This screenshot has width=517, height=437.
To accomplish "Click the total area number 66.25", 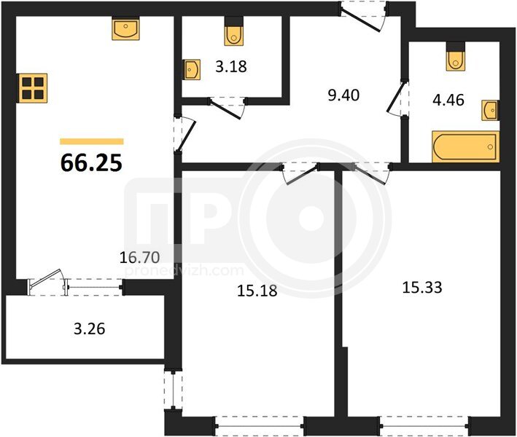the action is (91, 163).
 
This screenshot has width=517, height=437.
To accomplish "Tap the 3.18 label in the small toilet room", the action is (231, 66).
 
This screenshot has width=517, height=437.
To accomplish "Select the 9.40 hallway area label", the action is (343, 95).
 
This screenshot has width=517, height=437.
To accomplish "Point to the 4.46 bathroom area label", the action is (448, 100).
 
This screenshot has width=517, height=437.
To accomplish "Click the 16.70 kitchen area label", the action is (139, 257).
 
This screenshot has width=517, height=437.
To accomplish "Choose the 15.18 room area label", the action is (257, 291).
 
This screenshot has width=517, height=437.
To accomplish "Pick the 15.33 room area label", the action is (422, 287).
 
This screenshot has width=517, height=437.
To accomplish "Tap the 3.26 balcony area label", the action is (90, 328).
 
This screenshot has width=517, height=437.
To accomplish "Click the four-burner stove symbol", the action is (33, 87).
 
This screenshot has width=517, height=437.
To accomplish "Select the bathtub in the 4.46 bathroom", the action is (465, 146).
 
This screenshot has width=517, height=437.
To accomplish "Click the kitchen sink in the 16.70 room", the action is (125, 29).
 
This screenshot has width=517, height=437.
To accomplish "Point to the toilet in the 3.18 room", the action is (234, 35).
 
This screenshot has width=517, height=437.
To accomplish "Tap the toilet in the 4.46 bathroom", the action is (456, 60).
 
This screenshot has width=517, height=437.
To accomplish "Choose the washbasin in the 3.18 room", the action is (192, 69).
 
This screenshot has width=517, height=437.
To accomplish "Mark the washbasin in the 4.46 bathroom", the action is (490, 110).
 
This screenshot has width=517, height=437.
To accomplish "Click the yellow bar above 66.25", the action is (92, 141).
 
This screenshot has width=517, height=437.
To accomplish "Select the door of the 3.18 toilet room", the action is (228, 107).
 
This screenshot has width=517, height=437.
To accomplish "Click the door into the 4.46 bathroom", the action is (397, 98).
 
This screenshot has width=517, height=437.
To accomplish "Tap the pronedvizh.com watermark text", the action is (185, 271).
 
